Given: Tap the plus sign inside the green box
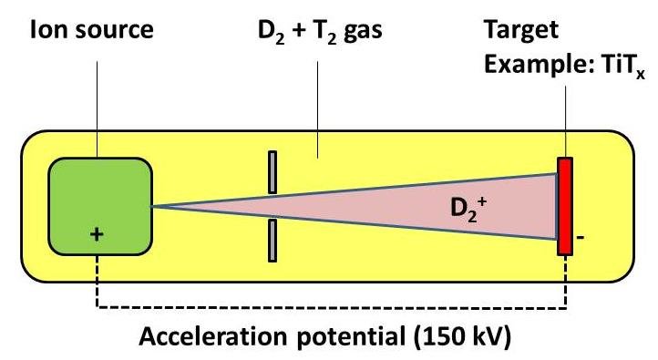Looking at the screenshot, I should click(x=98, y=234).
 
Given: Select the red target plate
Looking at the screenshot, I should click(x=565, y=206).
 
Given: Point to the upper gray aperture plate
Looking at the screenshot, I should click(x=272, y=173).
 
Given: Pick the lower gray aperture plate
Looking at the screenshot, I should click(x=272, y=240).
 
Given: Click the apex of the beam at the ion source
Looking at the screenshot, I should click(x=153, y=206).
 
